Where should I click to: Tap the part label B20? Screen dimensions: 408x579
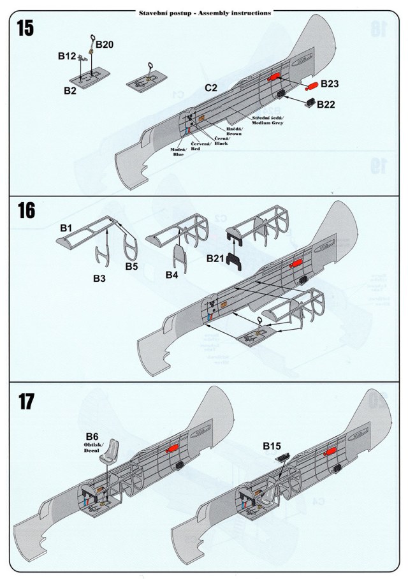pyautogui.click(x=105, y=44)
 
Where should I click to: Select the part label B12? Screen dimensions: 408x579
pyautogui.click(x=67, y=56)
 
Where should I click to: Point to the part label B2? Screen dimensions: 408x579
pyautogui.click(x=69, y=91)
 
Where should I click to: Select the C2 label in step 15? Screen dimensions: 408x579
pyautogui.click(x=211, y=87)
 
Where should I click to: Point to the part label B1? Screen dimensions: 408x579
pyautogui.click(x=66, y=228)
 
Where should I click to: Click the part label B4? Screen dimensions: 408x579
pyautogui.click(x=171, y=275)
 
